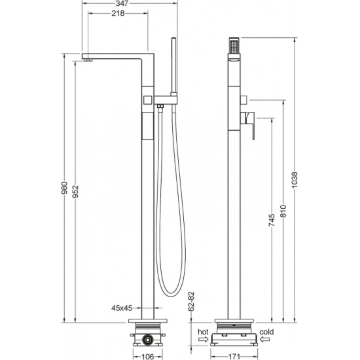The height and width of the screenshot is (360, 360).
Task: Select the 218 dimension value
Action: (118, 14)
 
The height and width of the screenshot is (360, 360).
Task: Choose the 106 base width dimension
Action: (149, 356)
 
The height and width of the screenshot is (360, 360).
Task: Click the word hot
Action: (202, 332)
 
